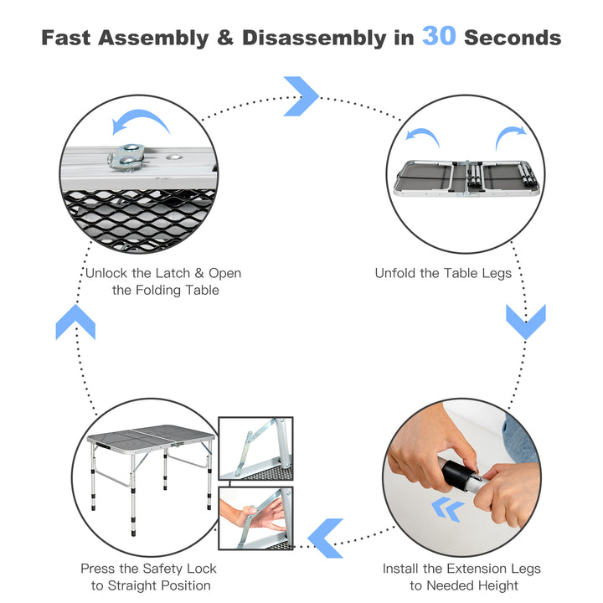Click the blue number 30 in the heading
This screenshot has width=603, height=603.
pyautogui.click(x=439, y=37)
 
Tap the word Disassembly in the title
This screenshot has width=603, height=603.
pyautogui.click(x=313, y=38)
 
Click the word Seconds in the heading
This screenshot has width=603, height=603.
pyautogui.click(x=513, y=38)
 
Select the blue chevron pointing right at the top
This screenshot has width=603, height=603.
pyautogui.click(x=301, y=95)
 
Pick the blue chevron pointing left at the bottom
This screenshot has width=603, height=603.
pyautogui.click(x=325, y=538)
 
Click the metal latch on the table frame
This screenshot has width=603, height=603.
pyautogui.click(x=126, y=157)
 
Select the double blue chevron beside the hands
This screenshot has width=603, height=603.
pyautogui.click(x=447, y=509)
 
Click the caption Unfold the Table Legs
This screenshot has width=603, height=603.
pyautogui.click(x=443, y=273)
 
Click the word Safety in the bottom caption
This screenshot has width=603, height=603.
pyautogui.click(x=158, y=569)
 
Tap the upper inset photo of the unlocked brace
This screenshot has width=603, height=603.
pyautogui.click(x=255, y=448)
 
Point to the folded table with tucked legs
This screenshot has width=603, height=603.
pyautogui.click(x=466, y=178)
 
